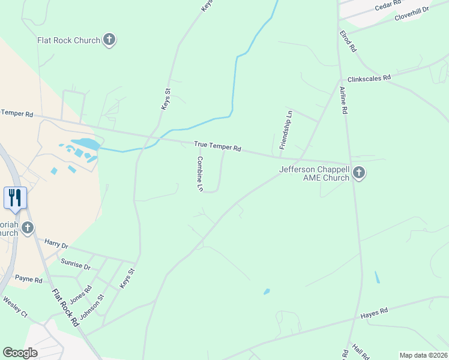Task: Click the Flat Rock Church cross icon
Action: [109, 40]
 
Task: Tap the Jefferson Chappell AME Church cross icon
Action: [358, 173]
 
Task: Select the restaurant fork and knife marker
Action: [15, 197]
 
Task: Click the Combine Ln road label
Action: [200, 174]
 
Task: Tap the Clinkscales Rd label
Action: [369, 77]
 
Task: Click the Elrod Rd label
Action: [348, 41]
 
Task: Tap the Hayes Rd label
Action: [375, 312]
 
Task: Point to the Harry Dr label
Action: [56, 244]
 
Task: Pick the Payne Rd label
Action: [29, 279]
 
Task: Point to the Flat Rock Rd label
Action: [65, 308]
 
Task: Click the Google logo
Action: [20, 352]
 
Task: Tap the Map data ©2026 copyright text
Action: [423, 355]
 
